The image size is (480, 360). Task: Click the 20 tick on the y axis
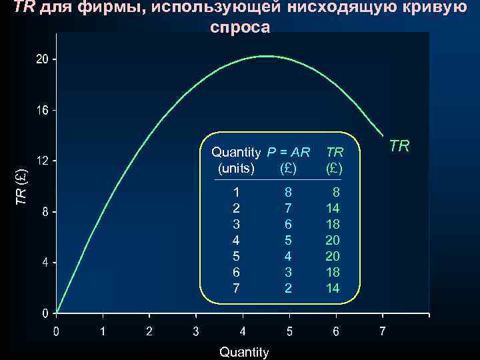pos(42,59)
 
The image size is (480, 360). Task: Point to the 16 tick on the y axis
pos(42,110)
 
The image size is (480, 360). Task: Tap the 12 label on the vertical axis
pos(42,161)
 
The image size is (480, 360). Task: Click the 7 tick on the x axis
pos(382,331)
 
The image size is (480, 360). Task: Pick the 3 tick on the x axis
pos(195,331)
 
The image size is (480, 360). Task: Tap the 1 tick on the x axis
pos(103,331)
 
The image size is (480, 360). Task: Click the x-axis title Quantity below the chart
pos(244,352)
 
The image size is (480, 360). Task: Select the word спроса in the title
pos(240,28)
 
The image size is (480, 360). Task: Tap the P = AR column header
pos(288,152)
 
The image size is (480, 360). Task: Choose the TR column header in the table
pos(335,152)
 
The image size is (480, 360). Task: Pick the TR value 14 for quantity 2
pos(332,208)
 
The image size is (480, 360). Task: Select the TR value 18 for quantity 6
pos(332,272)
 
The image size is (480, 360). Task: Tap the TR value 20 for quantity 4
pos(332,240)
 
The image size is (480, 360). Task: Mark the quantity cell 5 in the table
pos(235,256)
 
